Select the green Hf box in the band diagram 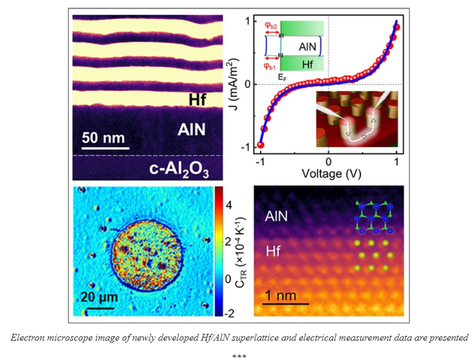[302, 64]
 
